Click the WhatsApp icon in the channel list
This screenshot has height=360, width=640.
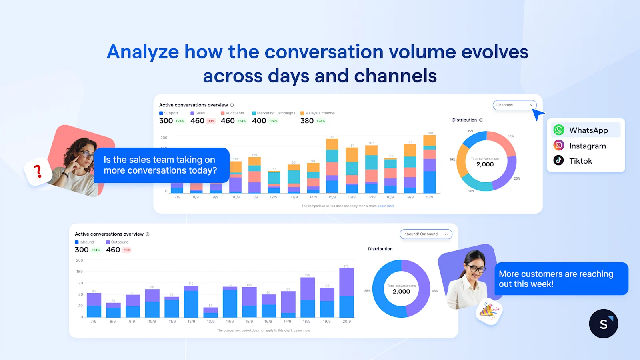[559, 130]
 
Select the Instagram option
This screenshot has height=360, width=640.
[587, 146]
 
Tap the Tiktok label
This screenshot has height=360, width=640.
[580, 161]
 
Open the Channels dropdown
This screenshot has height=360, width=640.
[514, 105]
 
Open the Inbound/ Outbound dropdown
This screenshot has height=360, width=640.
[426, 234]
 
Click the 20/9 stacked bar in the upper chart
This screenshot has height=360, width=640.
[429, 164]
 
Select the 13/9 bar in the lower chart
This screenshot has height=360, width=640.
[210, 312]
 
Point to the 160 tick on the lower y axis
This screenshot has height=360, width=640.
[80, 272]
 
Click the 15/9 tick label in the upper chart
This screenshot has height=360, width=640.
[332, 197]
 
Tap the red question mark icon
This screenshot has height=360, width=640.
[38, 171]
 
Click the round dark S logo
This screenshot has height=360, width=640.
[603, 324]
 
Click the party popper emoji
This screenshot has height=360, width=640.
[488, 310]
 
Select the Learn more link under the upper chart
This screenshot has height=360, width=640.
[386, 206]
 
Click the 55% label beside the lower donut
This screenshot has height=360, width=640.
[367, 291]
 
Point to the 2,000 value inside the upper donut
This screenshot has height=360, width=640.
[485, 164]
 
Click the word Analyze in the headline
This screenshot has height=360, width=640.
[143, 52]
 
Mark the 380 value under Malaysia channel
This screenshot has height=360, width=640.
[307, 121]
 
